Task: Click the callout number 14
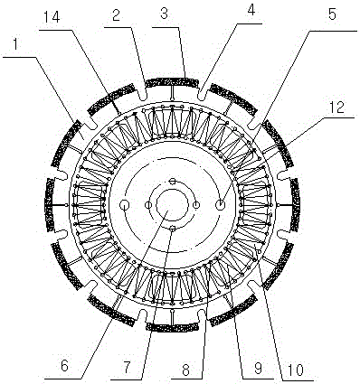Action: click(x=52, y=17)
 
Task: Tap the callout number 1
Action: click(x=17, y=45)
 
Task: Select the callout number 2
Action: click(x=118, y=15)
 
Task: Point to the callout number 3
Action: click(x=164, y=14)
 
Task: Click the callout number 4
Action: click(x=251, y=11)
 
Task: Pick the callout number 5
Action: click(x=332, y=14)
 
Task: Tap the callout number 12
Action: click(x=336, y=107)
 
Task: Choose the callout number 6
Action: click(x=64, y=366)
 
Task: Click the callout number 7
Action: click(x=127, y=367)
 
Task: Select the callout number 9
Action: click(x=258, y=368)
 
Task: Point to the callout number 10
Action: click(x=295, y=370)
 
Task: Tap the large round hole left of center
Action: click(x=125, y=205)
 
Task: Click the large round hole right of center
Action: click(x=221, y=205)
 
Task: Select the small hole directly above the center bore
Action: click(x=172, y=182)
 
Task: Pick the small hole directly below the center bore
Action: click(x=173, y=229)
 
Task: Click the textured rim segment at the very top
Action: click(x=171, y=81)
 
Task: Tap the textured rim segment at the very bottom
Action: click(x=172, y=327)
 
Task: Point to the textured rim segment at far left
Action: click(x=49, y=205)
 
